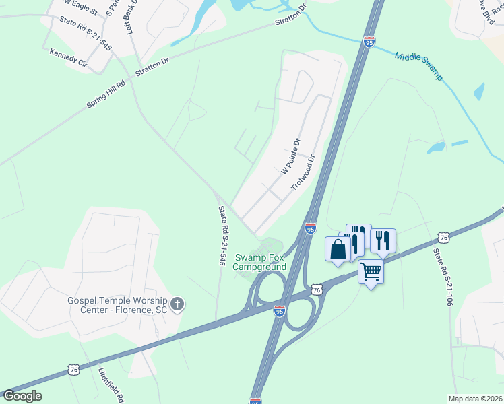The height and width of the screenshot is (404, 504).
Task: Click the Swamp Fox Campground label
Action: [260, 262]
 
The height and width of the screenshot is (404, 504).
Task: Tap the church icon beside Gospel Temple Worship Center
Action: [177, 304]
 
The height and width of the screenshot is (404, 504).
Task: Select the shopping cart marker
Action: [371, 272]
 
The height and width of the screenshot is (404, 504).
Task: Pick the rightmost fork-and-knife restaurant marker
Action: [383, 240]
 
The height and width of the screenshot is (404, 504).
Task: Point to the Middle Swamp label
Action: [418, 66]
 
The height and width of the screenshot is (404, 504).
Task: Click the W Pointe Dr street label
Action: [290, 156]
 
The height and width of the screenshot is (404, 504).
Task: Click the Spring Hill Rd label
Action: [106, 95]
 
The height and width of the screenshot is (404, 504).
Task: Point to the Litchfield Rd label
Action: [109, 383]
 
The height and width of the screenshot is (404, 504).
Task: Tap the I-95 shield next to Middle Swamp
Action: [369, 42]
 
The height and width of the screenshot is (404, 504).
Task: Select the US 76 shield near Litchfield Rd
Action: [75, 370]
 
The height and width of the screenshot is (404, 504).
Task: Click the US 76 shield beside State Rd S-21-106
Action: [443, 237]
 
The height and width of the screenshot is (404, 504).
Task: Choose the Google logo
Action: [22, 396]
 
